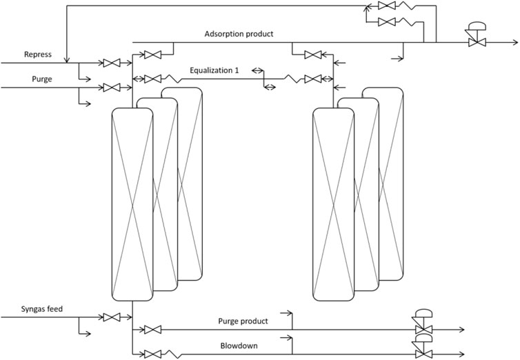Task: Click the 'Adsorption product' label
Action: click(x=239, y=34)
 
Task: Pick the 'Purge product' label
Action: click(x=243, y=321)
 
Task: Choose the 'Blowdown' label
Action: click(x=239, y=346)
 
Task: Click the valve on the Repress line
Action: click(x=110, y=63)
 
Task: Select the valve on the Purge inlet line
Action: click(x=110, y=88)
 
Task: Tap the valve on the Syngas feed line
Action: click(x=110, y=318)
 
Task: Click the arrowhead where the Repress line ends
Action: click(x=65, y=58)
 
